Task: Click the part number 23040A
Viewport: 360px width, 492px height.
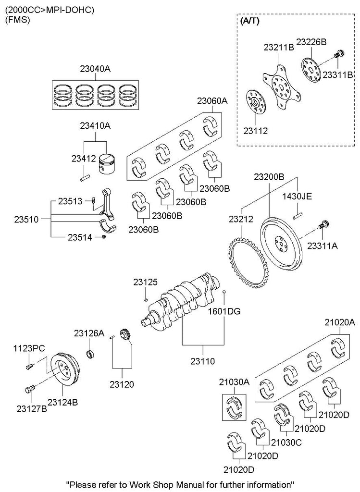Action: click(x=95, y=69)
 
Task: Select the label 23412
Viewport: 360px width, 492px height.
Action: click(x=83, y=159)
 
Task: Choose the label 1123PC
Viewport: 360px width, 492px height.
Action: click(x=29, y=347)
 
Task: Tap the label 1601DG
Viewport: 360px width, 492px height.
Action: click(x=224, y=311)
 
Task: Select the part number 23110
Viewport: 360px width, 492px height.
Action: click(x=202, y=359)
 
